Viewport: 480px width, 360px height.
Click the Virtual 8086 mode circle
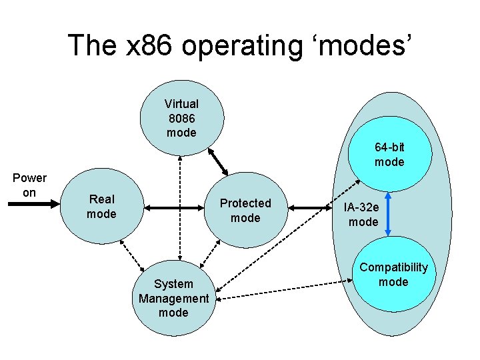click(x=181, y=118)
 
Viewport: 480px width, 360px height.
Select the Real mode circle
click(x=101, y=207)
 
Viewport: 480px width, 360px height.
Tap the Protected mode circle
click(x=245, y=210)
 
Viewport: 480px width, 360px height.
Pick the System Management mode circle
click(x=173, y=298)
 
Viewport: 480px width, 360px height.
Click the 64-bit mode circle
click(x=389, y=155)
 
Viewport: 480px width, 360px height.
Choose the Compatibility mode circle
click(x=393, y=274)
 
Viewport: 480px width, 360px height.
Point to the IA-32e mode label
click(x=363, y=215)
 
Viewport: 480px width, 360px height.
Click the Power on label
click(x=29, y=185)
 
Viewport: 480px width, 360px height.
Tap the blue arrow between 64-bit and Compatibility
click(x=389, y=213)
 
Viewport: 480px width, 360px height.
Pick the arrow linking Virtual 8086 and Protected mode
click(x=219, y=160)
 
